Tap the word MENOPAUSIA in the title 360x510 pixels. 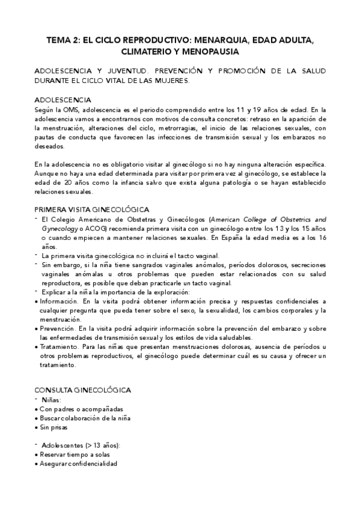point(210,52)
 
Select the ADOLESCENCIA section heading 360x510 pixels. point(63,100)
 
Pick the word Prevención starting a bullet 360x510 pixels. point(58,329)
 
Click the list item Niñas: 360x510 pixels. point(51,400)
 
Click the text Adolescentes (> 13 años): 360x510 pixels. point(81,446)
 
